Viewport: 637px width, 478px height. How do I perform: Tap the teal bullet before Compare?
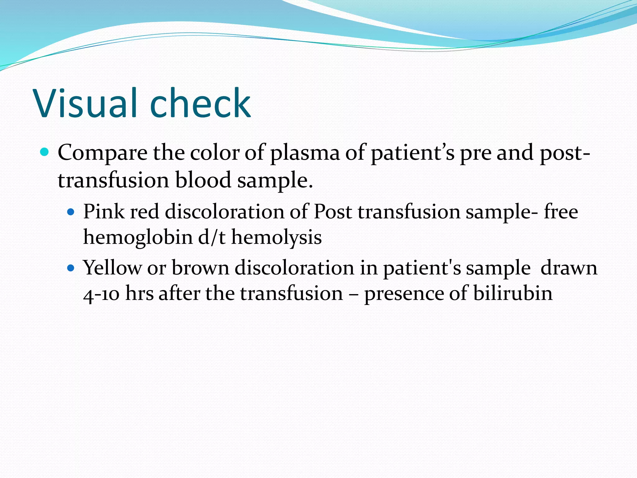pyautogui.click(x=45, y=152)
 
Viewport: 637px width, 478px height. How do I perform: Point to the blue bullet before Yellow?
pyautogui.click(x=71, y=268)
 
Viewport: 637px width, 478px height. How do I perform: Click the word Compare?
pyautogui.click(x=103, y=153)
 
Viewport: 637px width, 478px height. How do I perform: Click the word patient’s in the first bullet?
pyautogui.click(x=412, y=153)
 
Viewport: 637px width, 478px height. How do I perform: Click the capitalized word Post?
pyautogui.click(x=333, y=212)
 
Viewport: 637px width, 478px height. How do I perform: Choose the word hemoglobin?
pyautogui.click(x=138, y=237)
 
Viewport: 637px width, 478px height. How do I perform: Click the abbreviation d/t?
pyautogui.click(x=212, y=237)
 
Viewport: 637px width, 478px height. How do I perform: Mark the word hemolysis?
pyautogui.click(x=276, y=237)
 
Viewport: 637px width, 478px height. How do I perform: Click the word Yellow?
pyautogui.click(x=112, y=268)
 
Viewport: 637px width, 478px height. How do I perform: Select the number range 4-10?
pyautogui.click(x=101, y=294)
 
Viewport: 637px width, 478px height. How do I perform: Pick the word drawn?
pyautogui.click(x=569, y=268)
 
